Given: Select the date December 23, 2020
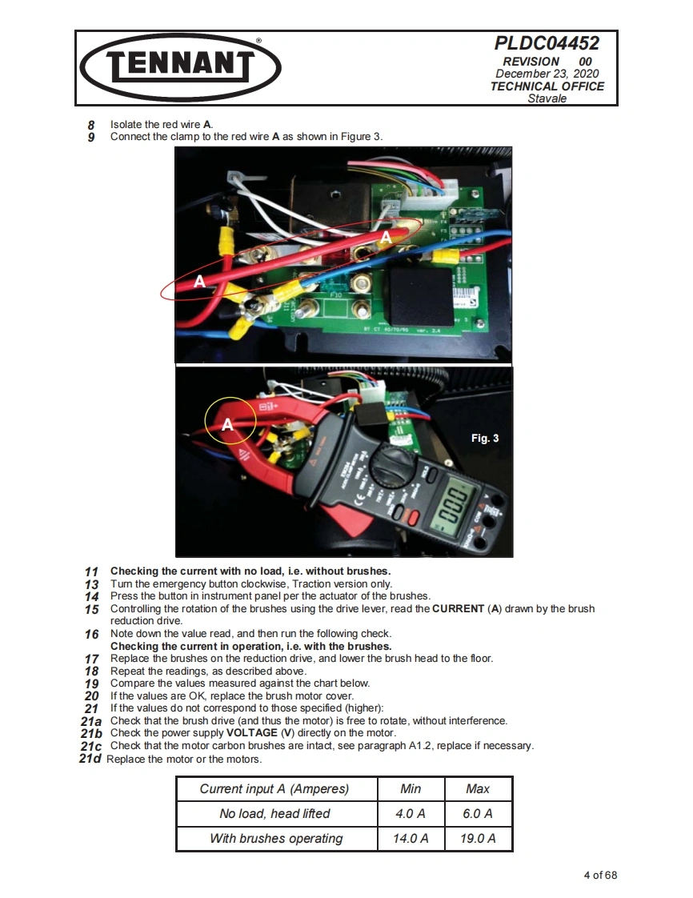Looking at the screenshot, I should tap(547, 74).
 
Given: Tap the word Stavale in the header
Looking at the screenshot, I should tap(547, 98).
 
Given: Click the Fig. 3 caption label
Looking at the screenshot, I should tap(484, 438).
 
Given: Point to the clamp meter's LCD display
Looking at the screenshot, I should tap(453, 505).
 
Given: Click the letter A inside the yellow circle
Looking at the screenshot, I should tap(227, 425).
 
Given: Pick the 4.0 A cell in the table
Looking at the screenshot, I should tap(411, 813).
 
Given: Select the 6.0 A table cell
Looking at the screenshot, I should tap(478, 813).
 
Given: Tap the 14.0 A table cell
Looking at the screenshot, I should tap(411, 838).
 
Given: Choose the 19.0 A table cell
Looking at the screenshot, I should tap(478, 838).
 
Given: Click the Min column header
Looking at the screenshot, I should tap(411, 788).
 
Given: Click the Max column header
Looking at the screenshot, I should tap(478, 788).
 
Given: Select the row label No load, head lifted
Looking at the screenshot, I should tap(274, 813).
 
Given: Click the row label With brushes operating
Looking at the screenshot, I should tap(276, 838).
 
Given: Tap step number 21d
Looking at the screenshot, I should tap(91, 759).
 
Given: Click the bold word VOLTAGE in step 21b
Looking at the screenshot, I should tap(251, 733).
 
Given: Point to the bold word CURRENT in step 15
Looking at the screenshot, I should tap(458, 609).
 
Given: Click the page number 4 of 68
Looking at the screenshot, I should tap(600, 875).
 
